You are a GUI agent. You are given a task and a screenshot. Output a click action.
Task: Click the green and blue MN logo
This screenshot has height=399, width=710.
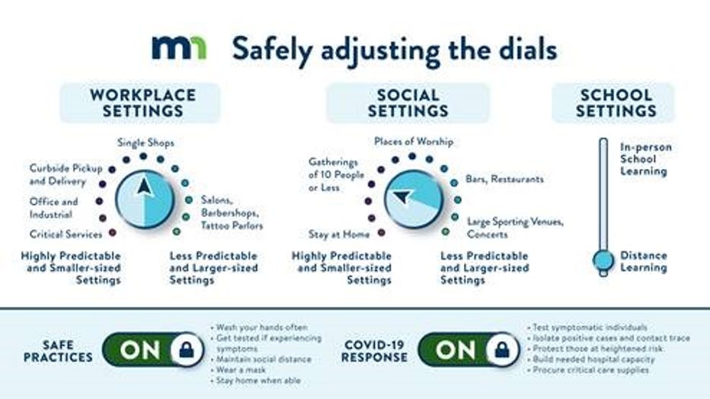coord(179,48)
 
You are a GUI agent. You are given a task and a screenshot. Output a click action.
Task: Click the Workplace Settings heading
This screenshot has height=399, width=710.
coord(142,103)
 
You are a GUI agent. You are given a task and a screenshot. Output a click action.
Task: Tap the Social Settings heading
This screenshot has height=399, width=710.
coord(408,103)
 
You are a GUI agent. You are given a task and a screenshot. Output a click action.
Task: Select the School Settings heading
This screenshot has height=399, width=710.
coord(616,103)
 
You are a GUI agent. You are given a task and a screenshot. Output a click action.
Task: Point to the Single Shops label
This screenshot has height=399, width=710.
coord(146,143)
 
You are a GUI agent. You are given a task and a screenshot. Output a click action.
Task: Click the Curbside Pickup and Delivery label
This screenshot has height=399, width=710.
coord(66,174)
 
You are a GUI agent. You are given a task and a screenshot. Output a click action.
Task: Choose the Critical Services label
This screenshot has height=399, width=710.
coord(66,235)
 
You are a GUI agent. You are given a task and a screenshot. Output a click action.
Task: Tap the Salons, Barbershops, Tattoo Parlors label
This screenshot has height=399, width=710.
coord(232,212)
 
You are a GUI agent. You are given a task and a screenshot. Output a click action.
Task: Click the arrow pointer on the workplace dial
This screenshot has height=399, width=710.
coord(145,187)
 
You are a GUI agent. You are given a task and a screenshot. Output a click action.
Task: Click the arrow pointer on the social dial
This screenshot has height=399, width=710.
coord(401,196)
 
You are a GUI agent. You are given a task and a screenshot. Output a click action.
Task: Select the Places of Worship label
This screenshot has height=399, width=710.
coord(414,142)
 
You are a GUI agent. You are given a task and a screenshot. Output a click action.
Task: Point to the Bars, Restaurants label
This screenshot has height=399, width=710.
coord(504,179)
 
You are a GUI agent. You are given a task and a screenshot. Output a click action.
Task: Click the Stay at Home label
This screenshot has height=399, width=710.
coord(339,235)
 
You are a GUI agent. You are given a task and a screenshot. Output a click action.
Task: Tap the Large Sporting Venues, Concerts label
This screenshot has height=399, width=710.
coord(515,228)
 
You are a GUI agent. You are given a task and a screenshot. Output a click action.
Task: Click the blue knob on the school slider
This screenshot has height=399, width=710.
coord(603,260)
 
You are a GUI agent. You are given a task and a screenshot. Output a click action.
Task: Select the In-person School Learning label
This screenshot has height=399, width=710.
coord(646,159)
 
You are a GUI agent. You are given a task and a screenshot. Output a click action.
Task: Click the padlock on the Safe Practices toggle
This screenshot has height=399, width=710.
coord(187,350)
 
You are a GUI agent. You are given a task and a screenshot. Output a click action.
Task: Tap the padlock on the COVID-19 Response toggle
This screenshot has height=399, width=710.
coord(502,350)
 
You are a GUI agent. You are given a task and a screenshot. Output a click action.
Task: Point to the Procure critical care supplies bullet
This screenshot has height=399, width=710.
coord(588,370)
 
